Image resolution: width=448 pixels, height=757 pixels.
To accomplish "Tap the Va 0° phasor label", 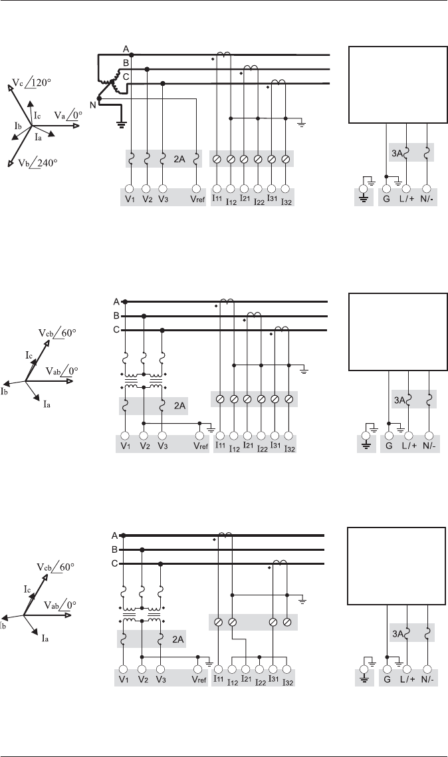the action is click(x=68, y=114).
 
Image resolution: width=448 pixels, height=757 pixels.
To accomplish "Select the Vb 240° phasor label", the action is click(x=34, y=162).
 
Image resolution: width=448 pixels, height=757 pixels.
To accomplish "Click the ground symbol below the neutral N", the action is click(x=121, y=122).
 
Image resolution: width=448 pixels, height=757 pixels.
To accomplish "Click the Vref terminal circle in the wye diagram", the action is click(x=196, y=189).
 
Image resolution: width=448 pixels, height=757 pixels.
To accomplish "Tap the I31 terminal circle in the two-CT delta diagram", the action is click(x=273, y=668).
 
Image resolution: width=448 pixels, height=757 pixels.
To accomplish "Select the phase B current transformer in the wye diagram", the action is click(x=251, y=68).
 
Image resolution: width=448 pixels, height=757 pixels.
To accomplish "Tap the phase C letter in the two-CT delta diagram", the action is click(x=115, y=564).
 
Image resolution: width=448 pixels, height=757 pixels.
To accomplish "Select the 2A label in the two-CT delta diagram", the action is click(x=177, y=640).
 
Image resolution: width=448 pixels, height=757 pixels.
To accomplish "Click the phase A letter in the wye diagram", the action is click(x=126, y=49).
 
